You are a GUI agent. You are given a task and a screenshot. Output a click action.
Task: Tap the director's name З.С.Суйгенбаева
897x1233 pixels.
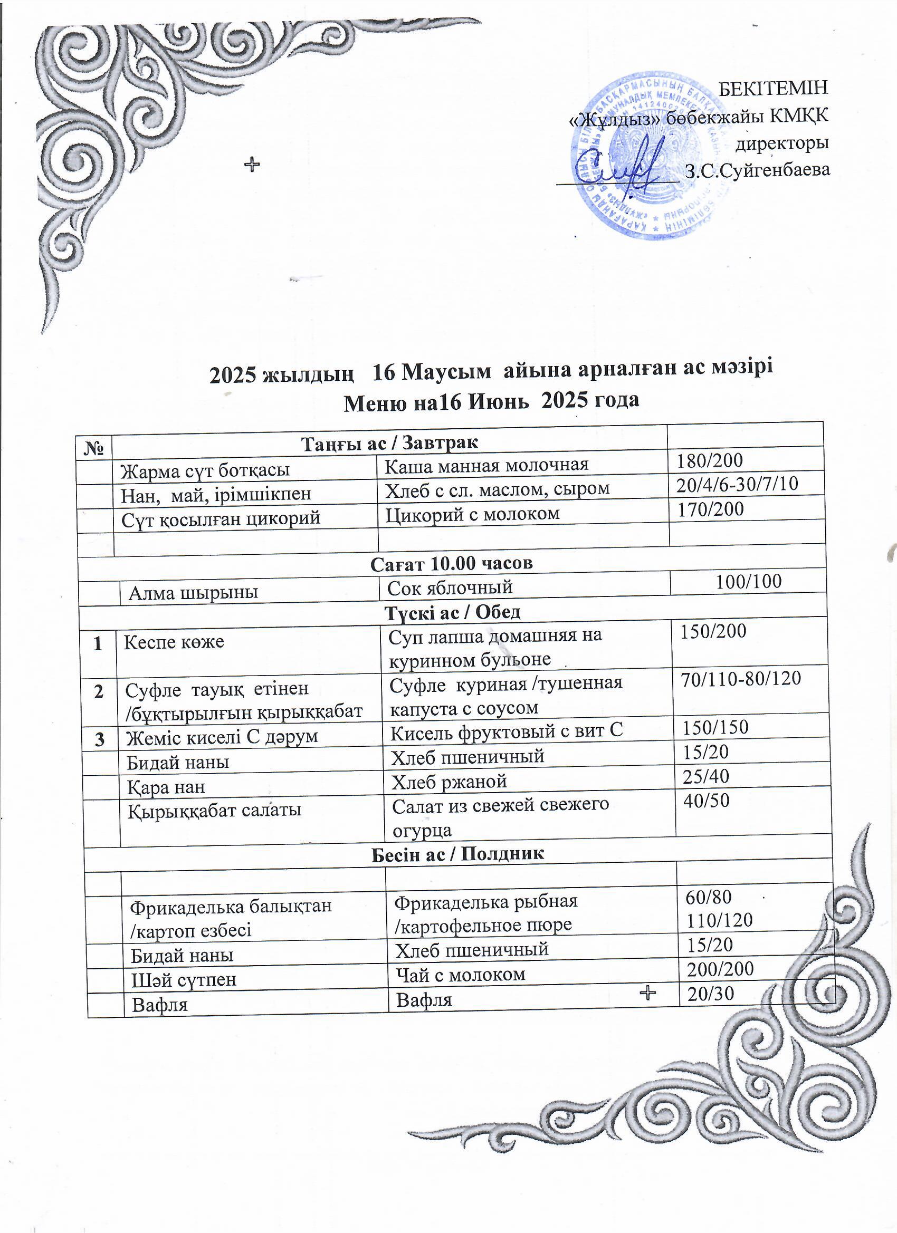(758, 171)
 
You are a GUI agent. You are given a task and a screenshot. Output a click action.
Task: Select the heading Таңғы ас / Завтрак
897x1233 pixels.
(389, 443)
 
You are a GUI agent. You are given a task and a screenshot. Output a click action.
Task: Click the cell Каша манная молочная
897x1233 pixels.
(487, 465)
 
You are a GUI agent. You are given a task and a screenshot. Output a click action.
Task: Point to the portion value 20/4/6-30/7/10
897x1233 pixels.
(737, 483)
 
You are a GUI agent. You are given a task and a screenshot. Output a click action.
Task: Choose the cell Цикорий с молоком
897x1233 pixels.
(472, 513)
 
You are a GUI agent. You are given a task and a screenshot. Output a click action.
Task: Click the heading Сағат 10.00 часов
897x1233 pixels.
(452, 563)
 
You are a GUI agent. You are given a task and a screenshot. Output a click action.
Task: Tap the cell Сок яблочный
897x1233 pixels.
(450, 587)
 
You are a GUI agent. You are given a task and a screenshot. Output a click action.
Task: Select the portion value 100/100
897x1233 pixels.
(749, 582)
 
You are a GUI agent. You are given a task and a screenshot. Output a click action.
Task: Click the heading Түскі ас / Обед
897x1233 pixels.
(453, 613)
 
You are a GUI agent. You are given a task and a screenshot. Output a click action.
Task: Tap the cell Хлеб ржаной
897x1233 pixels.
(450, 781)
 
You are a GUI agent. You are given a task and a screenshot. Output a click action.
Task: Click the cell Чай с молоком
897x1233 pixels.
(460, 974)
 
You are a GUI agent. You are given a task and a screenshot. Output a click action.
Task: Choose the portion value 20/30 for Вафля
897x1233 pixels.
(711, 993)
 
